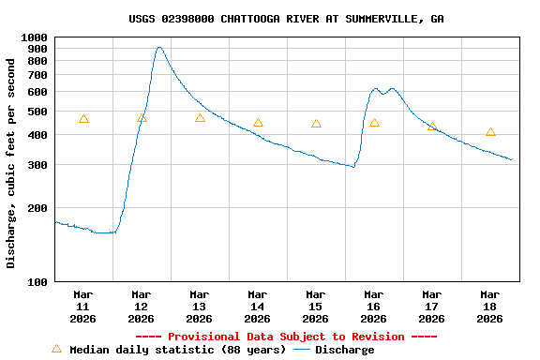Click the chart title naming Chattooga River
coord(286,19)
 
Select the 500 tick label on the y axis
coord(37,112)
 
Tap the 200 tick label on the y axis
coord(37,208)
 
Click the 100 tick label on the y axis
coord(37,281)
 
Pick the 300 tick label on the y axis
coord(37,165)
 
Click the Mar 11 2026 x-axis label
coord(82,307)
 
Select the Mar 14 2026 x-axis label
coord(257,307)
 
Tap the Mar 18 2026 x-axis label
coord(489,307)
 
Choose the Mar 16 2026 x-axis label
coord(373,307)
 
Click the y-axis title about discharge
coord(11,163)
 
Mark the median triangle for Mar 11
coord(83,119)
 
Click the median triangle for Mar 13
coord(200,118)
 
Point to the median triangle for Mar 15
coord(316,124)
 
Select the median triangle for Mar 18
coord(490,132)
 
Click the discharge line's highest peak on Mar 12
coord(159,47)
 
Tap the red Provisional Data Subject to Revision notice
coord(286,337)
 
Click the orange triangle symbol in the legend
coord(56,349)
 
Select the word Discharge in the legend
coord(344,350)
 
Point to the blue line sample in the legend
coord(302,350)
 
